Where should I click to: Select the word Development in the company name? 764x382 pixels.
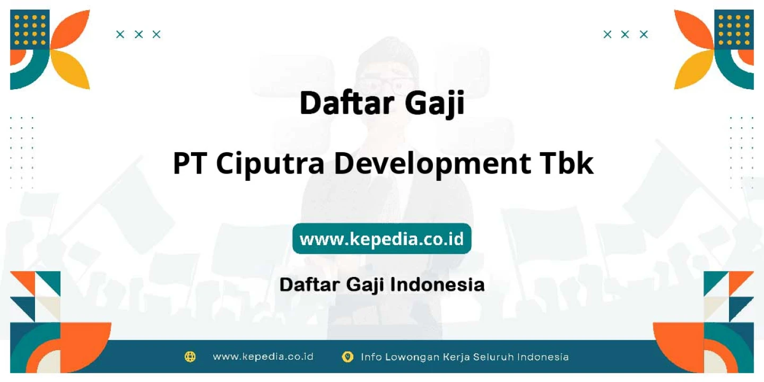pos(432,164)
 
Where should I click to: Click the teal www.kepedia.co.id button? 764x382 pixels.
pos(381,238)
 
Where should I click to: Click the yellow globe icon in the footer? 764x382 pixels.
pos(190,357)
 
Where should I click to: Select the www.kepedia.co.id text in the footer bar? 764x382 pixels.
pos(263,357)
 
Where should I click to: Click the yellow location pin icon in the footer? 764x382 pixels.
pos(348,357)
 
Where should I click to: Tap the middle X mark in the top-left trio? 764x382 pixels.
pos(138,34)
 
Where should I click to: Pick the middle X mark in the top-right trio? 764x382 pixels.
pos(625,34)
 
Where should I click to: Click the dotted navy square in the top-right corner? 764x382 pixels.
pos(734,29)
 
